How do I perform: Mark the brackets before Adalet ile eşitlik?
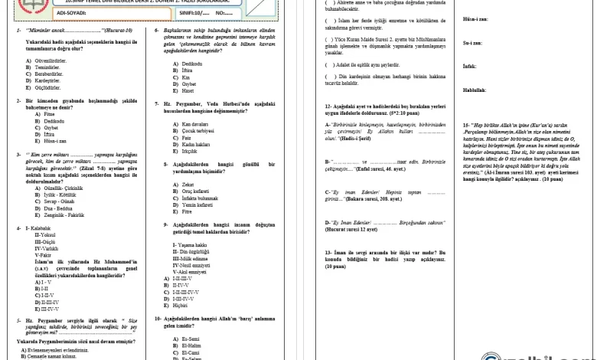tap(330, 66)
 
